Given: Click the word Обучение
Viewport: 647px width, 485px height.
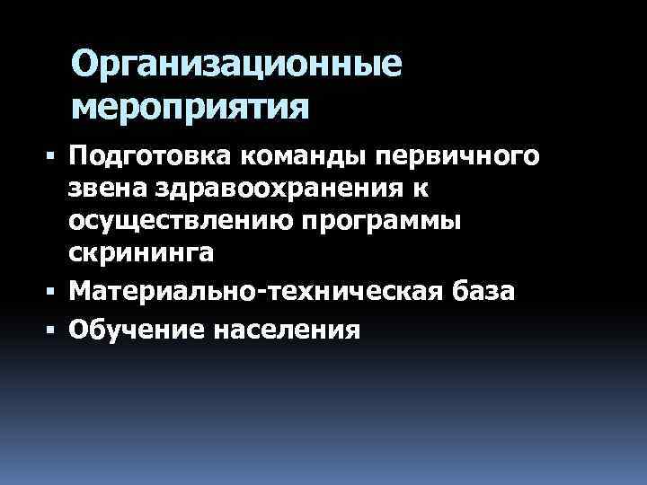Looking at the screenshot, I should tap(136, 330).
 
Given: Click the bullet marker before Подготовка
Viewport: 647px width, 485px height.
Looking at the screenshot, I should tap(55, 157).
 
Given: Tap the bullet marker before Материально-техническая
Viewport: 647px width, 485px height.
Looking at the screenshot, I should tap(55, 290).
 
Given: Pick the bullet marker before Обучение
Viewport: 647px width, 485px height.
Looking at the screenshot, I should tap(55, 330).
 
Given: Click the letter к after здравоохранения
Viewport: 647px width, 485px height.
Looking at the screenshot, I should tap(420, 190).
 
